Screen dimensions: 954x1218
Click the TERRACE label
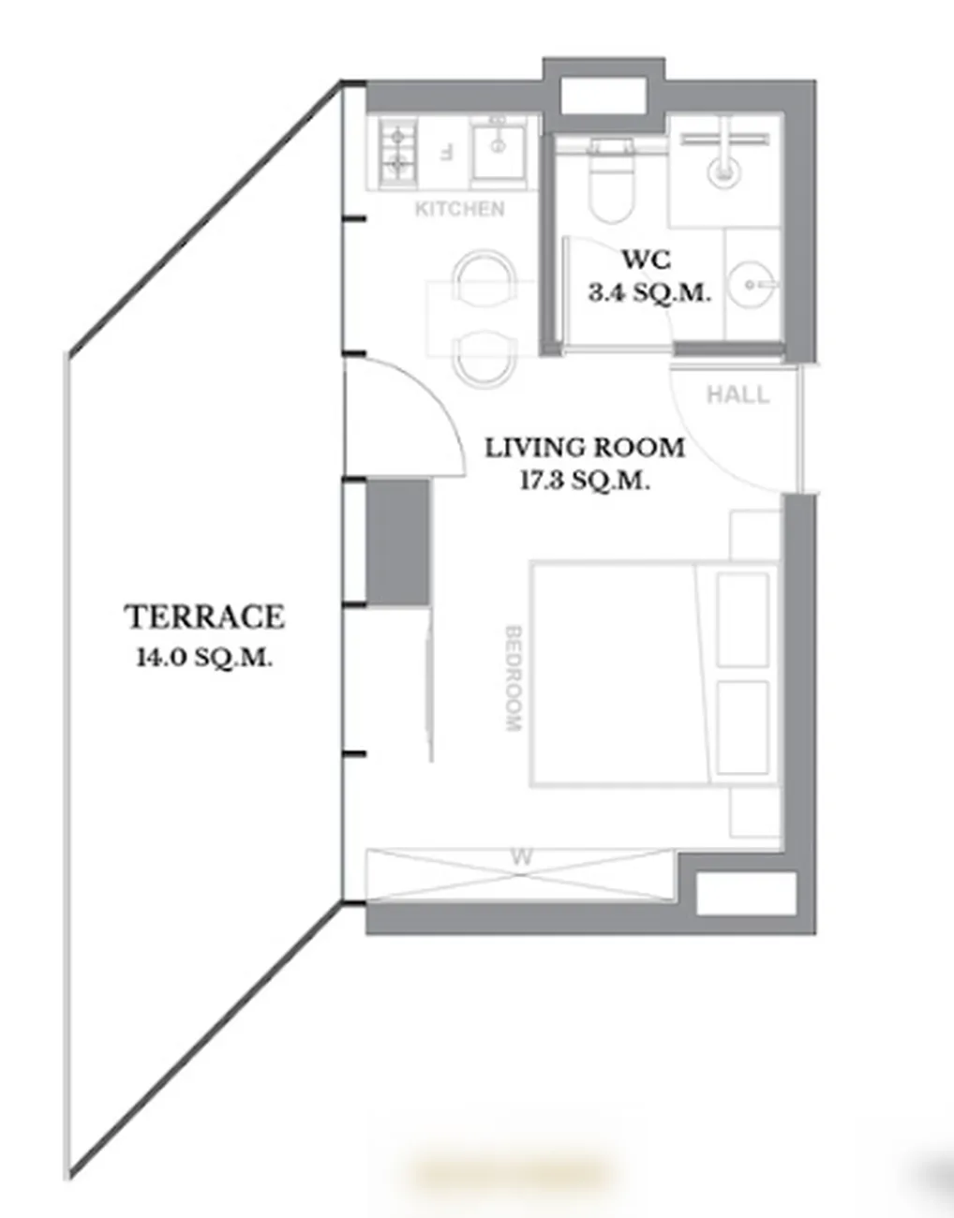[204, 617]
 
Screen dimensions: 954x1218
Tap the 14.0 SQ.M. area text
[204, 658]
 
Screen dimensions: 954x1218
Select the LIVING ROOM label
[585, 448]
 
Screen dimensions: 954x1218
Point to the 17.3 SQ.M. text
[585, 481]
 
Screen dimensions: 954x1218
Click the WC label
[646, 260]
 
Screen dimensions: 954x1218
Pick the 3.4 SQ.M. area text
[649, 292]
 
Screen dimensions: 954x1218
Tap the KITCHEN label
[459, 210]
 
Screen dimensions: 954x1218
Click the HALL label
[738, 395]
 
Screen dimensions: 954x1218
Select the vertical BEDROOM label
[514, 678]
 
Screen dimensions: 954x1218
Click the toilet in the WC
[612, 181]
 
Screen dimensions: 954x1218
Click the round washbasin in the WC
[753, 285]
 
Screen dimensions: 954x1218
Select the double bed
[655, 674]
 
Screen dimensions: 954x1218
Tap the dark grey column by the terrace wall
[398, 542]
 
